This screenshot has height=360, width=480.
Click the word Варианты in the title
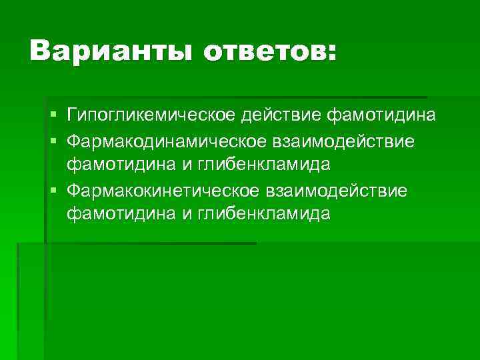(x=112, y=51)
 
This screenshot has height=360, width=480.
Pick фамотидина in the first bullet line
(x=381, y=116)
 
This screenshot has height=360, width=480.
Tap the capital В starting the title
(x=40, y=51)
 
